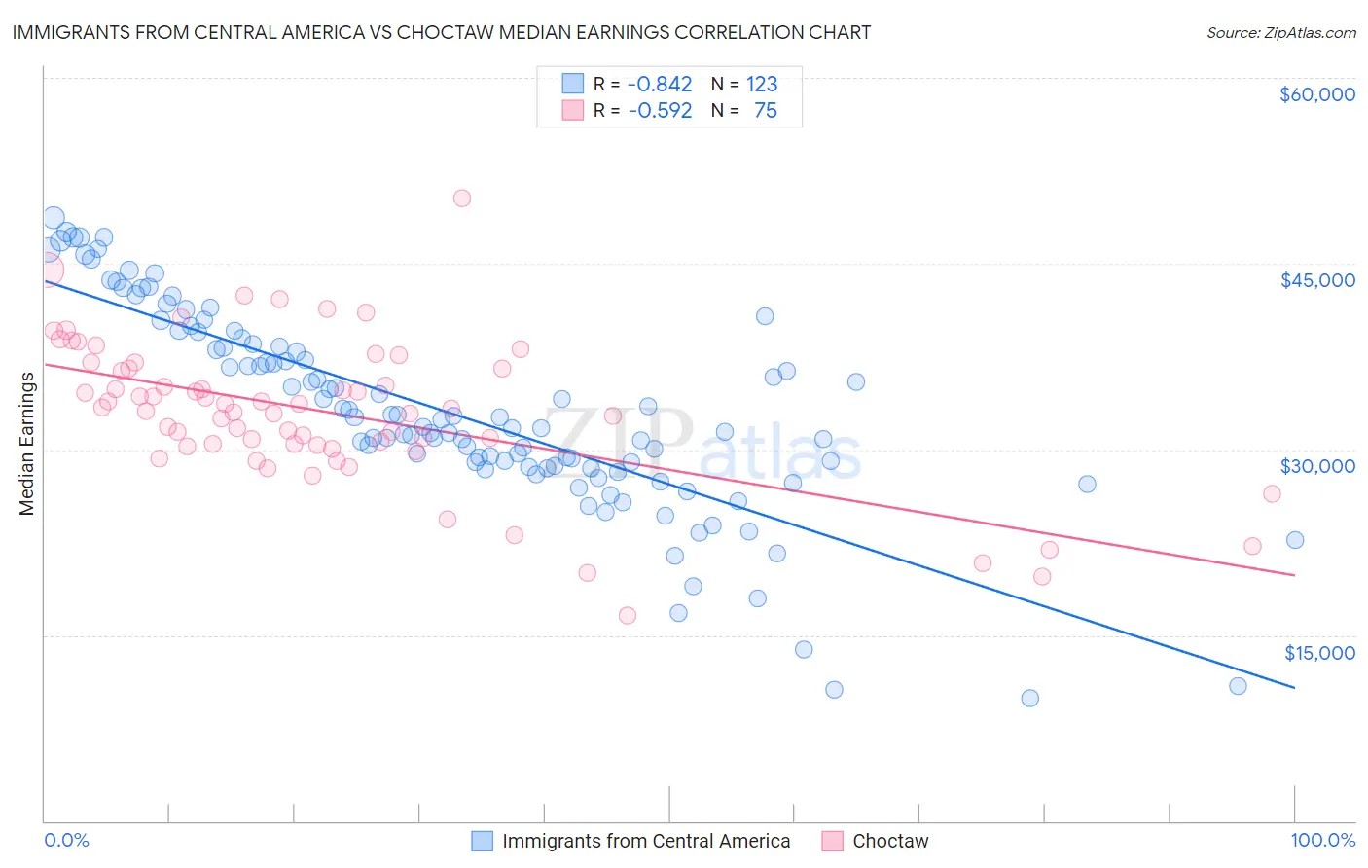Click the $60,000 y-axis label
tap(1316, 94)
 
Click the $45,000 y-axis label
tap(1316, 280)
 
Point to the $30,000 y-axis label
tap(1316, 466)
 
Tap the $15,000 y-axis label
tap(1319, 652)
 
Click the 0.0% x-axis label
tap(66, 840)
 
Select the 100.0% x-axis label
tap(1322, 840)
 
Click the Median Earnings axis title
tap(27, 444)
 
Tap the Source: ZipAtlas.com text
tap(1280, 33)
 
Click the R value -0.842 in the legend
tap(660, 84)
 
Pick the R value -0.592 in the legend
tap(660, 110)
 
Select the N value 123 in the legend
tap(762, 84)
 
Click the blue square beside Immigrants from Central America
tap(482, 841)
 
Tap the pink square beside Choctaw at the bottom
tap(832, 841)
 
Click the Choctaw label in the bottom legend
tap(890, 841)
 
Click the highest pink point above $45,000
tap(462, 199)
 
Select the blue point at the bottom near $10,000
tap(1029, 698)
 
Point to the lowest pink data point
tap(628, 615)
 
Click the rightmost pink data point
tap(1272, 493)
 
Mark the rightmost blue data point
tap(1295, 540)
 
